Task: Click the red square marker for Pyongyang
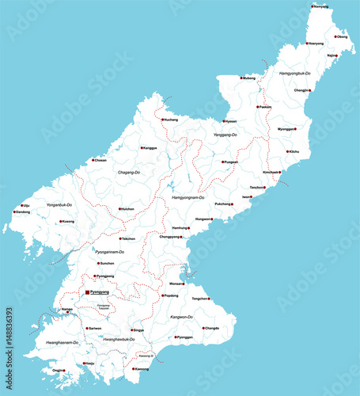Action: pos(87,292)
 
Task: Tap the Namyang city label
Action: pos(320,6)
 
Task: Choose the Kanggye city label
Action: pos(150,148)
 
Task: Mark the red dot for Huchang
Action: pos(162,120)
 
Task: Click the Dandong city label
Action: pos(24,212)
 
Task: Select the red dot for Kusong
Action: pos(60,222)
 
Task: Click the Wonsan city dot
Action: pos(186,283)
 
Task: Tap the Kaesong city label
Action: pos(142,369)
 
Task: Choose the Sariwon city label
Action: pos(95,327)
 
